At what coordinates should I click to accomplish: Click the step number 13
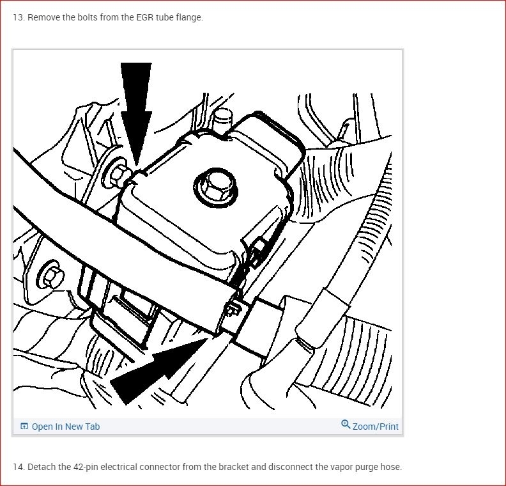(19, 17)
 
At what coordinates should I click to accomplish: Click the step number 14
(19, 467)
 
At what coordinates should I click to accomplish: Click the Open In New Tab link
(66, 427)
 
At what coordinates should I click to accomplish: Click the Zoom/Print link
(375, 427)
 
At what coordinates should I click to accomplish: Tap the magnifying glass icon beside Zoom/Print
(346, 425)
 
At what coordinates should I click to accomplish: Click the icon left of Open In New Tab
(24, 427)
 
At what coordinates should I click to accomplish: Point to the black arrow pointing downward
(136, 113)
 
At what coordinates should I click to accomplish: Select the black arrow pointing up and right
(158, 370)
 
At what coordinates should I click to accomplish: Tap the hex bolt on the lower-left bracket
(51, 276)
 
